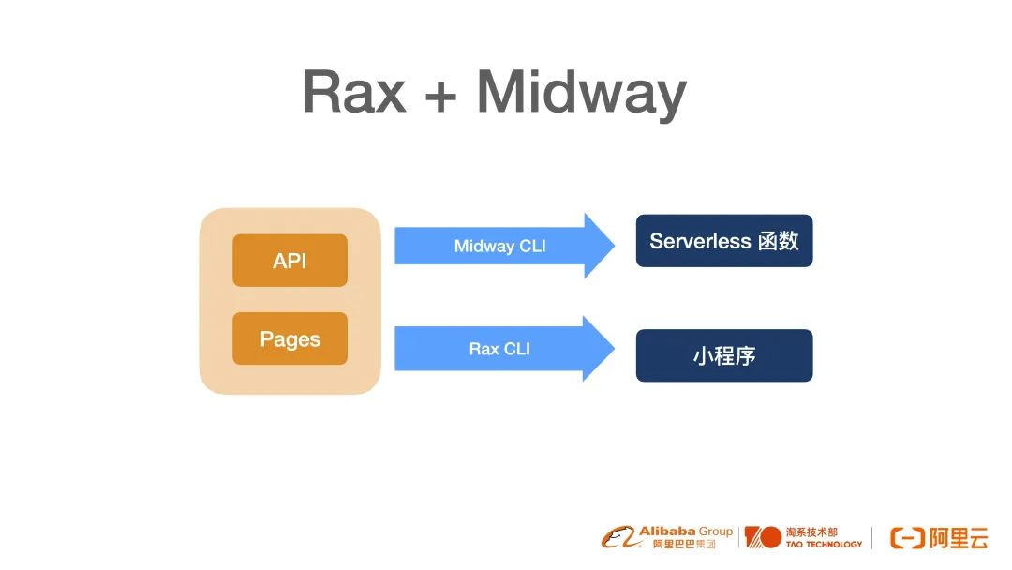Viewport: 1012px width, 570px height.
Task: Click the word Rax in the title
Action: point(354,92)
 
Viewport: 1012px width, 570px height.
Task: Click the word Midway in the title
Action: point(582,95)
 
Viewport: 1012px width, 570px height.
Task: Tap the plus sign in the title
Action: point(440,97)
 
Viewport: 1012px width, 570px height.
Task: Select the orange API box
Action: point(290,260)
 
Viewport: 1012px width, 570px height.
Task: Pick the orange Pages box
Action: point(290,338)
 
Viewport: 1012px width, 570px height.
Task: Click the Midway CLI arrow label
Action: point(499,246)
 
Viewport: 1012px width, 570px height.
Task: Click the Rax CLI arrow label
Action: point(499,349)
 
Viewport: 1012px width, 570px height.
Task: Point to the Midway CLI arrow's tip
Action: point(614,246)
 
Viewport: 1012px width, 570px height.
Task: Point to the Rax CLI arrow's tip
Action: point(614,349)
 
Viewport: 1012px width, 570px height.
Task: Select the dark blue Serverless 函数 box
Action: point(724,241)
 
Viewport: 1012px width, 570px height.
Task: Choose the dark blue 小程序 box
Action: point(724,355)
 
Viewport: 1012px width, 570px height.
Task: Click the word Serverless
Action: point(700,241)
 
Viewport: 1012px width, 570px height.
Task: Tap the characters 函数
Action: point(779,241)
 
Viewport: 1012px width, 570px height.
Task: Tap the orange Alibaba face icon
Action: point(619,537)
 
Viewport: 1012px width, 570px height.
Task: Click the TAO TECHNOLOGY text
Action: point(824,544)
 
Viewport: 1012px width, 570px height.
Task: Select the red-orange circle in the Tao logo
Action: point(770,537)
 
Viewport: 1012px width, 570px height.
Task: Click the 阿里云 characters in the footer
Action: point(960,538)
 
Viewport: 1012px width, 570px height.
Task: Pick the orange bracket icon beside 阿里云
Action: point(907,538)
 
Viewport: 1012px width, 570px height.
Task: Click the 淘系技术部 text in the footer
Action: point(811,532)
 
